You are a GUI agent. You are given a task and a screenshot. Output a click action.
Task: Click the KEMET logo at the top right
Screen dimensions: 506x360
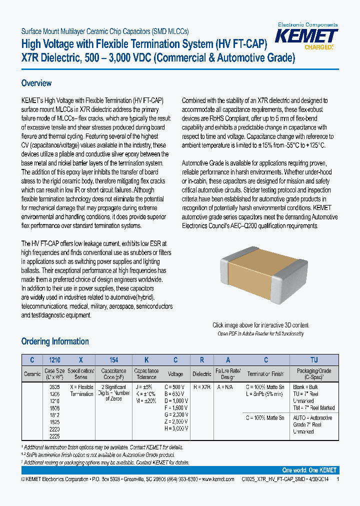[307, 36]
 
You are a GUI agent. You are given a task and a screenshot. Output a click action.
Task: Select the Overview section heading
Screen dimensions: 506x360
[36, 83]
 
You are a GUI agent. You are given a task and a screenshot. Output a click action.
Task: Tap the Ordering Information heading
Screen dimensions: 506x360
[55, 341]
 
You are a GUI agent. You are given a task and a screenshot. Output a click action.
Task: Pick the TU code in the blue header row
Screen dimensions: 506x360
[314, 359]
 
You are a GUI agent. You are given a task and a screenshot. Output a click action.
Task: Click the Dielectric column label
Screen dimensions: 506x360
[202, 373]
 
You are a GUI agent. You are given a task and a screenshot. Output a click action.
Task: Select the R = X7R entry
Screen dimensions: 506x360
[202, 387]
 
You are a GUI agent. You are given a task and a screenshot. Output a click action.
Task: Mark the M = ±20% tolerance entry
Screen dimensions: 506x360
[145, 401]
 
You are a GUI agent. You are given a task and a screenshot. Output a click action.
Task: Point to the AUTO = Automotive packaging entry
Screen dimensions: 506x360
[313, 418]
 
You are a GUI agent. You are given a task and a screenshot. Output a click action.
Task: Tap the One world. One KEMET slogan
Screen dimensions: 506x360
[309, 470]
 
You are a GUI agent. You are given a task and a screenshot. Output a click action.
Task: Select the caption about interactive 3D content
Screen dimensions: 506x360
[260, 325]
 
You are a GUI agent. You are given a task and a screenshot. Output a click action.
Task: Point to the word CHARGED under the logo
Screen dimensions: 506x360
[318, 47]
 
